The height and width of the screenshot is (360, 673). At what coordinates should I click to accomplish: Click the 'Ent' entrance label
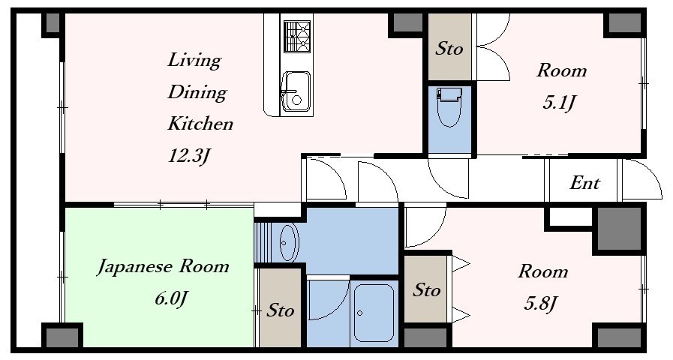point(584,183)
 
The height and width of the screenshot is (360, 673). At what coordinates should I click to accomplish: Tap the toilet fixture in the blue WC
point(449,106)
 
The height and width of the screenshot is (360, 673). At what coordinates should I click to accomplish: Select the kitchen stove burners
point(296,37)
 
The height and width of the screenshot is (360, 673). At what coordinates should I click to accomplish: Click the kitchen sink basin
point(296,94)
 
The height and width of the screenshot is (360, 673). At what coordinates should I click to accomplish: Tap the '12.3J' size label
point(189,156)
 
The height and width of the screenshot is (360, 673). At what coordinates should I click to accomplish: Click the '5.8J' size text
point(541,304)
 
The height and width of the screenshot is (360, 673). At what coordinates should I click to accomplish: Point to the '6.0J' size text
point(171,298)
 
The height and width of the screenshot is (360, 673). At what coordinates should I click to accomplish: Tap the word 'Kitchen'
point(200,124)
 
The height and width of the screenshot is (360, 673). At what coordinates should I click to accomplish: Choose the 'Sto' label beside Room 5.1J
point(449,48)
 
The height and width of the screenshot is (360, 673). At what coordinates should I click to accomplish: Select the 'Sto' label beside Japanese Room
point(281,310)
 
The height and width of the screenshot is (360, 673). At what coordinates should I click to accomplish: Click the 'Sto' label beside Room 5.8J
point(427,290)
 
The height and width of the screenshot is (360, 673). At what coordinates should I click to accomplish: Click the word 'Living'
point(194,61)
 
